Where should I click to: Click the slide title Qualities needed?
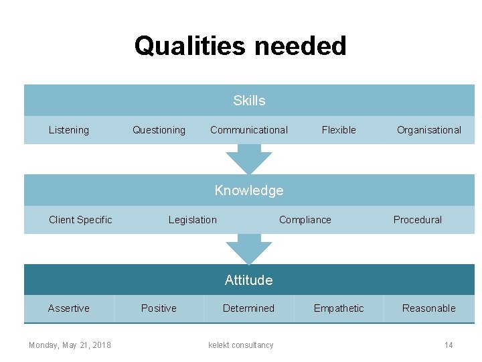pos(240,46)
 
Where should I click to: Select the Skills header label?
pos(249,101)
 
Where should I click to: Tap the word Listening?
pos(68,130)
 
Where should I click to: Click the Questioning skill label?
pos(159,130)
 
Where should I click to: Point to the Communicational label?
pos(249,130)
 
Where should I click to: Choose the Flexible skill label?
pos(339,130)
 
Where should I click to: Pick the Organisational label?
pos(428,130)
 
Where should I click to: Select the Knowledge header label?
pos(249,190)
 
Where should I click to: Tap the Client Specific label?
pos(80,220)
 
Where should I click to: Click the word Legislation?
pos(193,220)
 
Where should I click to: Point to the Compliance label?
pos(305,220)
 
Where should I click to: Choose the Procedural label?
pos(418,220)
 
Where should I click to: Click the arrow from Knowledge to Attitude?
pos(249,250)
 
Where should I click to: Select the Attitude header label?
pos(249,280)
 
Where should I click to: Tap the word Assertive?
pos(68,308)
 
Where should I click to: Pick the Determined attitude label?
pos(248,308)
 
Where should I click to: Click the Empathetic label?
pos(339,308)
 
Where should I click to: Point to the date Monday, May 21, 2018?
pos(70,345)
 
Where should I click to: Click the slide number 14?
pos(449,345)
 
